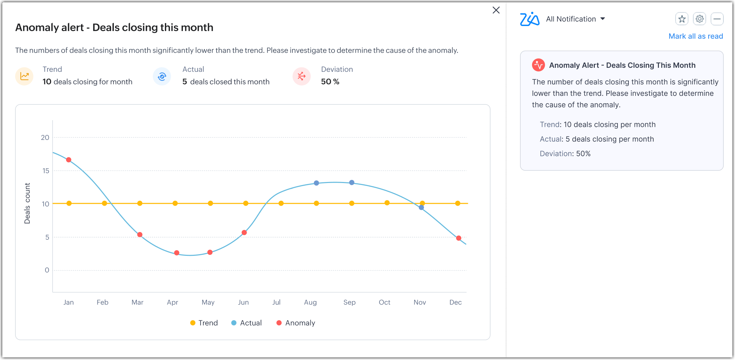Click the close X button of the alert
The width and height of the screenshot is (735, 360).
[x=496, y=10]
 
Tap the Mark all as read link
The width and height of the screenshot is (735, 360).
[x=696, y=36]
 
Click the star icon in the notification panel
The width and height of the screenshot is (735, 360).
[x=682, y=19]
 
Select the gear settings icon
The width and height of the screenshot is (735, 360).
[x=700, y=19]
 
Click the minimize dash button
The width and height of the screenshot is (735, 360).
[x=717, y=19]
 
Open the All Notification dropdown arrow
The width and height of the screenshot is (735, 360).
[x=602, y=19]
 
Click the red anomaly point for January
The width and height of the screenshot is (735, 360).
[x=69, y=160]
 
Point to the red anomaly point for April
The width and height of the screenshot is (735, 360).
[x=177, y=253]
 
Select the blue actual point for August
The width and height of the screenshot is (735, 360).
[x=316, y=183]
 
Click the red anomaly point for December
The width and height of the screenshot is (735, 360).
[x=459, y=238]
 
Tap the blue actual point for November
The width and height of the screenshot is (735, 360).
[x=421, y=208]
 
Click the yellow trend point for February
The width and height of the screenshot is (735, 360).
[x=104, y=203]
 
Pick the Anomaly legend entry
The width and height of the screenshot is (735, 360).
[x=296, y=323]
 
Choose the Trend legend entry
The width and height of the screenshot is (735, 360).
[x=204, y=323]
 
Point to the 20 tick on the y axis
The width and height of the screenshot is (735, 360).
[x=45, y=138]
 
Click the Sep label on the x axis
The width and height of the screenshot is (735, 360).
[x=349, y=302]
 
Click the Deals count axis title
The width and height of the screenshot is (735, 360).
[x=27, y=203]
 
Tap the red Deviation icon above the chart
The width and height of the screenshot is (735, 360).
[x=301, y=76]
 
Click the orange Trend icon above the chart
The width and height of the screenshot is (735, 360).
[x=24, y=76]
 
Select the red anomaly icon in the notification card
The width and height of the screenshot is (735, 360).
[x=538, y=65]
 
